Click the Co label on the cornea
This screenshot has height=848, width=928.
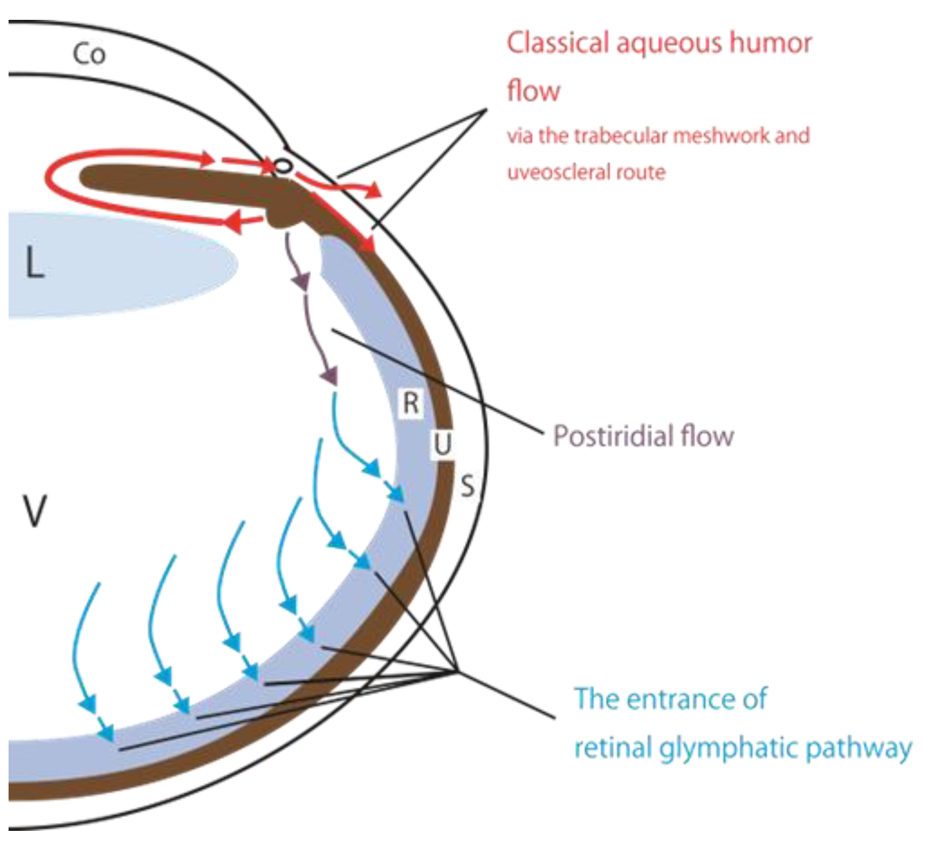89,54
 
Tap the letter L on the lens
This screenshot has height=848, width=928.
35,263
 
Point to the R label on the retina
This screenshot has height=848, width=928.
411,403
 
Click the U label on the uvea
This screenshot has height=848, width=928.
442,445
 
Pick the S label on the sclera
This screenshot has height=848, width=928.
467,486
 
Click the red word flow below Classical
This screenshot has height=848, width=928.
533,90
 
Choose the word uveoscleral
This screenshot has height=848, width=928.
559,172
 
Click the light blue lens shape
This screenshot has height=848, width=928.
119,265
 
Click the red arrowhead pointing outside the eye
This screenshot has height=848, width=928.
375,190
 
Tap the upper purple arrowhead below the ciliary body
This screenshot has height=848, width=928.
302,282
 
